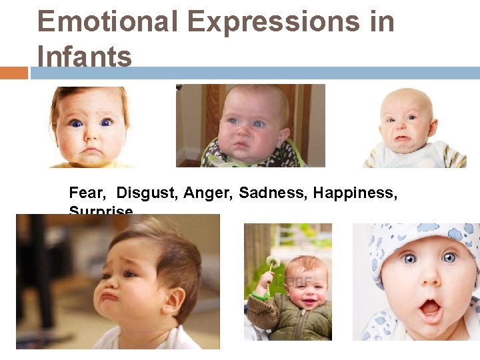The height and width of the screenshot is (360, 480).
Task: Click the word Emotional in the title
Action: [107, 21]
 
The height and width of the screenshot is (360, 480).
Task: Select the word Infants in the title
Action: [85, 57]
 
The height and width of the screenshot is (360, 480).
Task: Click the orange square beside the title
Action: [14, 73]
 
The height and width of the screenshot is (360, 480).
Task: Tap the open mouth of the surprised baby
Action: [429, 309]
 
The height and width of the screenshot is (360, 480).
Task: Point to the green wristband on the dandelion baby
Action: [257, 294]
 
